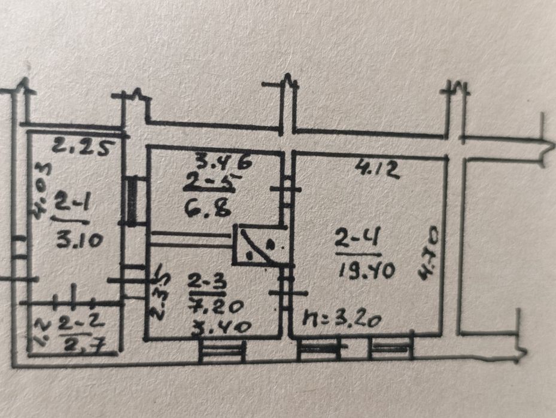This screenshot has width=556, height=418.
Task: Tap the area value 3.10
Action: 78,240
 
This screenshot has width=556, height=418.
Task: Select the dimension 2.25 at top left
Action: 81,146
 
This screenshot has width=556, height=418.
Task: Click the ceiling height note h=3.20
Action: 343,318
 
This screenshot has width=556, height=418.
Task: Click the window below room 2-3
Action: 222,350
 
